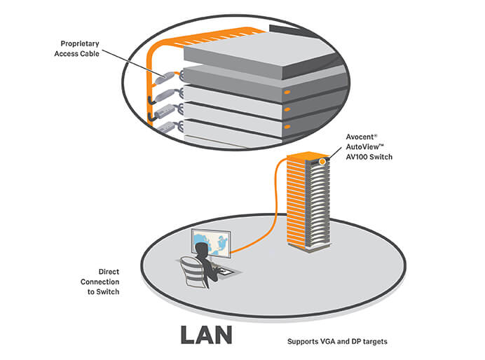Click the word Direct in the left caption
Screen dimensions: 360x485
tap(109, 270)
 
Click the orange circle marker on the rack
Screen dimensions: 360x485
tap(322, 162)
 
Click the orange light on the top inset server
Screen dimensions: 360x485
tap(287, 92)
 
